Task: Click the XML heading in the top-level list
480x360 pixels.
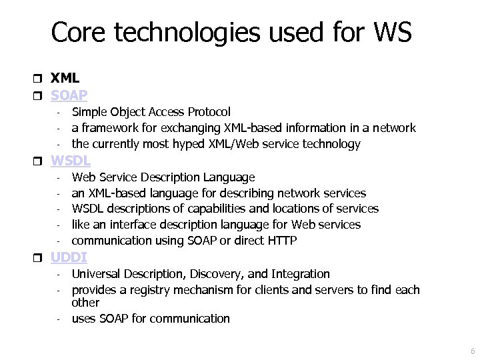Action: (65, 78)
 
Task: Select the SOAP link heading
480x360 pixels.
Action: (69, 95)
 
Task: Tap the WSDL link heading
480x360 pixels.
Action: (71, 160)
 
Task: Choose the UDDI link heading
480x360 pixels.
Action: (69, 257)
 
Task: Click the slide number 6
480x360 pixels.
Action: (473, 351)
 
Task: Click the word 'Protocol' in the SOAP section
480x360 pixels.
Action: (209, 112)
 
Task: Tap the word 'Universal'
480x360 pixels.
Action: (96, 273)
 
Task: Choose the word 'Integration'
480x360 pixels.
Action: (299, 273)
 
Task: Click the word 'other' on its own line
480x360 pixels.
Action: (85, 303)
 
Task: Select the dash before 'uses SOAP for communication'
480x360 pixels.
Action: (59, 319)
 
